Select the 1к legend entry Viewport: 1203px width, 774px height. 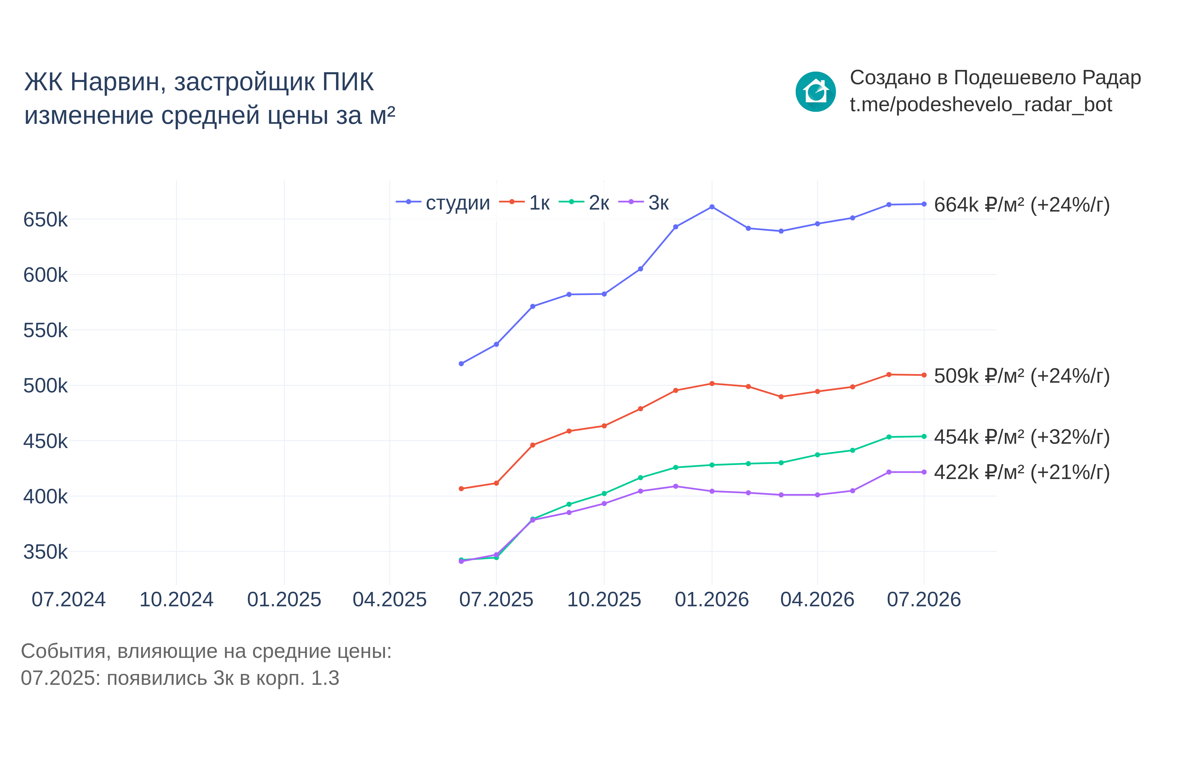click(524, 203)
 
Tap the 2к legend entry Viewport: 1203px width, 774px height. click(584, 203)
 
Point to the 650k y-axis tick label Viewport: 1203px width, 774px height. click(45, 220)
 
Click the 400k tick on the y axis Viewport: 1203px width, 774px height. click(45, 497)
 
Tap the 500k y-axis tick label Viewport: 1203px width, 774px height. click(45, 386)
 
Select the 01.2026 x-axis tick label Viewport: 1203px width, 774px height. click(711, 600)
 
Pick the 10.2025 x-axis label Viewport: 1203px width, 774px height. click(604, 600)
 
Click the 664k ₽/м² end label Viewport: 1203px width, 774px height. click(1022, 205)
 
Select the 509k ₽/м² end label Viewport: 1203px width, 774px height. click(1022, 376)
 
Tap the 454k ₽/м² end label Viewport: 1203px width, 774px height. click(1022, 437)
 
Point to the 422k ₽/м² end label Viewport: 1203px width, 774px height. click(1022, 472)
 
